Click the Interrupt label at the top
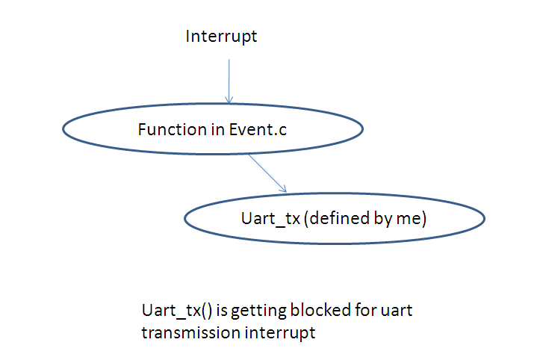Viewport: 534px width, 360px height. click(x=221, y=37)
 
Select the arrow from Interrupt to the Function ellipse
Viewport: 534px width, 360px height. click(x=229, y=78)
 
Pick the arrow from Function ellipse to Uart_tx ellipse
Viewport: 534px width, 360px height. click(x=267, y=173)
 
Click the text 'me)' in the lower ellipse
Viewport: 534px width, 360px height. click(x=406, y=219)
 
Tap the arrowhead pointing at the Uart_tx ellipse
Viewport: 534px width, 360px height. click(x=284, y=189)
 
